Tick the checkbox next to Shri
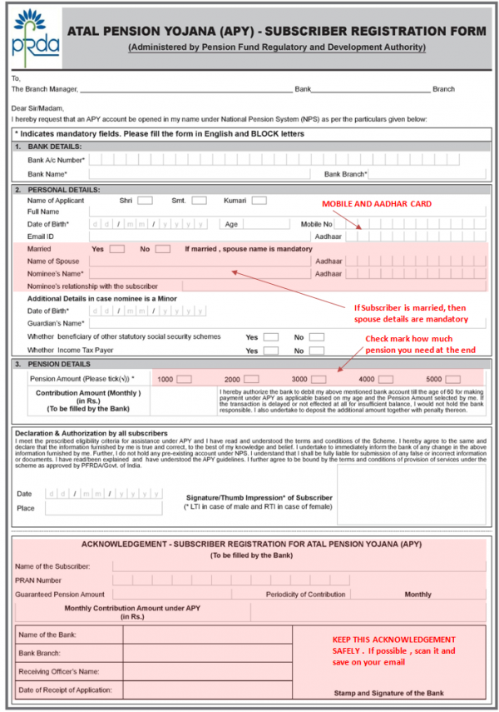point(145,201)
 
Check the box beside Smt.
point(199,201)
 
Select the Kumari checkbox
point(259,201)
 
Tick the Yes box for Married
point(117,249)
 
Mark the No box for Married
point(163,249)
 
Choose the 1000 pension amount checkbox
point(186,379)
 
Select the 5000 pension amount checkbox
point(455,379)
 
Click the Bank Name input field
point(200,174)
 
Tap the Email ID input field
point(200,237)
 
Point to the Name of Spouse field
point(200,261)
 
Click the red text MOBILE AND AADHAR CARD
point(376,204)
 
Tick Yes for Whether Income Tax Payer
point(271,351)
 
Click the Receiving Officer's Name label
point(59,671)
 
